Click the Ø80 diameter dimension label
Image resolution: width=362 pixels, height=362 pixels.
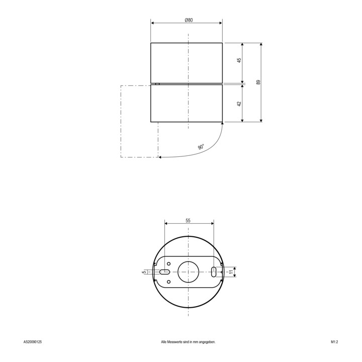pyautogui.click(x=189, y=20)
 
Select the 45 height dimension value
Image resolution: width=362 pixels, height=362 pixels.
pyautogui.click(x=239, y=60)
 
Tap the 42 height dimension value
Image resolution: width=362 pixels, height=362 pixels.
pyautogui.click(x=239, y=104)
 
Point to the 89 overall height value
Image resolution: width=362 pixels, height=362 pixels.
pyautogui.click(x=258, y=82)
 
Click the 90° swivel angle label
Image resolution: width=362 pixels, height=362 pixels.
pyautogui.click(x=201, y=147)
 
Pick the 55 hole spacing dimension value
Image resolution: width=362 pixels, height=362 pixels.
pyautogui.click(x=188, y=221)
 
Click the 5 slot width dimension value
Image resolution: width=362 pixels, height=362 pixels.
pyautogui.click(x=144, y=272)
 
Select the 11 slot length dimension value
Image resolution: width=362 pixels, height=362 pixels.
pyautogui.click(x=231, y=272)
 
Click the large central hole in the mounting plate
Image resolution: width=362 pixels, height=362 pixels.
pyautogui.click(x=188, y=272)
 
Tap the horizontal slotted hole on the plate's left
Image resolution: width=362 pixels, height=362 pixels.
pyautogui.click(x=164, y=272)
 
